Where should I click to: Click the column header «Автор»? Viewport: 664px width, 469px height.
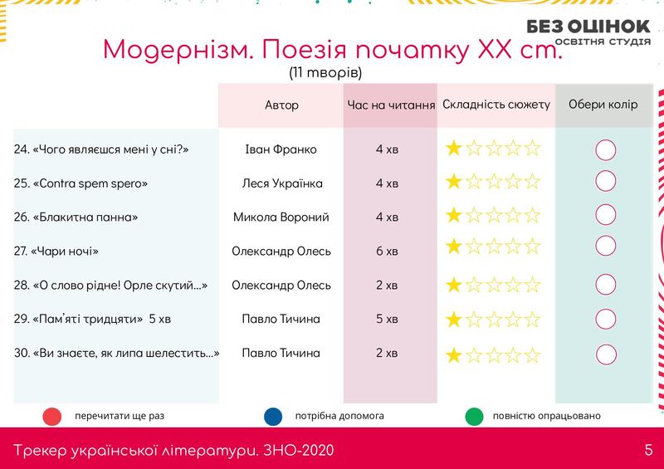click(x=281, y=105)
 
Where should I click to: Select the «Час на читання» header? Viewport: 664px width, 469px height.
click(x=391, y=105)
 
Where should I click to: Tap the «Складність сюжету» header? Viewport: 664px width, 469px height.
click(x=496, y=105)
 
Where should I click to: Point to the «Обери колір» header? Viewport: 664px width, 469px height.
click(x=603, y=105)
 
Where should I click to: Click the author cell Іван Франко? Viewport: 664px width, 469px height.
click(x=281, y=149)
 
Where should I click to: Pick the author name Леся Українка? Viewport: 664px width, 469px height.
click(x=282, y=183)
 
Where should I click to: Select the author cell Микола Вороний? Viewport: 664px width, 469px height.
click(x=281, y=217)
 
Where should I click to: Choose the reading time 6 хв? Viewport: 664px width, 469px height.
click(x=387, y=252)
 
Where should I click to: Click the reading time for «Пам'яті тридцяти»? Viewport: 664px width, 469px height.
click(x=387, y=319)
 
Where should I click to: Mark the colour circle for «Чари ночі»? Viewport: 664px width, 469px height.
click(x=606, y=246)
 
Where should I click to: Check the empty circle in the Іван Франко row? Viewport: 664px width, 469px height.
click(x=606, y=150)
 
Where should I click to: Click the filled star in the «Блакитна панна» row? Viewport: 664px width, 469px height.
click(x=453, y=215)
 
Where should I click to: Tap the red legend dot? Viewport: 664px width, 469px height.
click(x=52, y=417)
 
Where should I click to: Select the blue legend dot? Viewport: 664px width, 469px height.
click(x=273, y=417)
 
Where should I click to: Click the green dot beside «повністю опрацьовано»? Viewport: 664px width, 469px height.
click(x=474, y=417)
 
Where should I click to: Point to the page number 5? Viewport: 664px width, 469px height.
click(x=648, y=450)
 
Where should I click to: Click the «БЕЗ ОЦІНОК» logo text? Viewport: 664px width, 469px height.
click(x=588, y=27)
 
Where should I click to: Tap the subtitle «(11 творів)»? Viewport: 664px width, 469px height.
click(x=325, y=72)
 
